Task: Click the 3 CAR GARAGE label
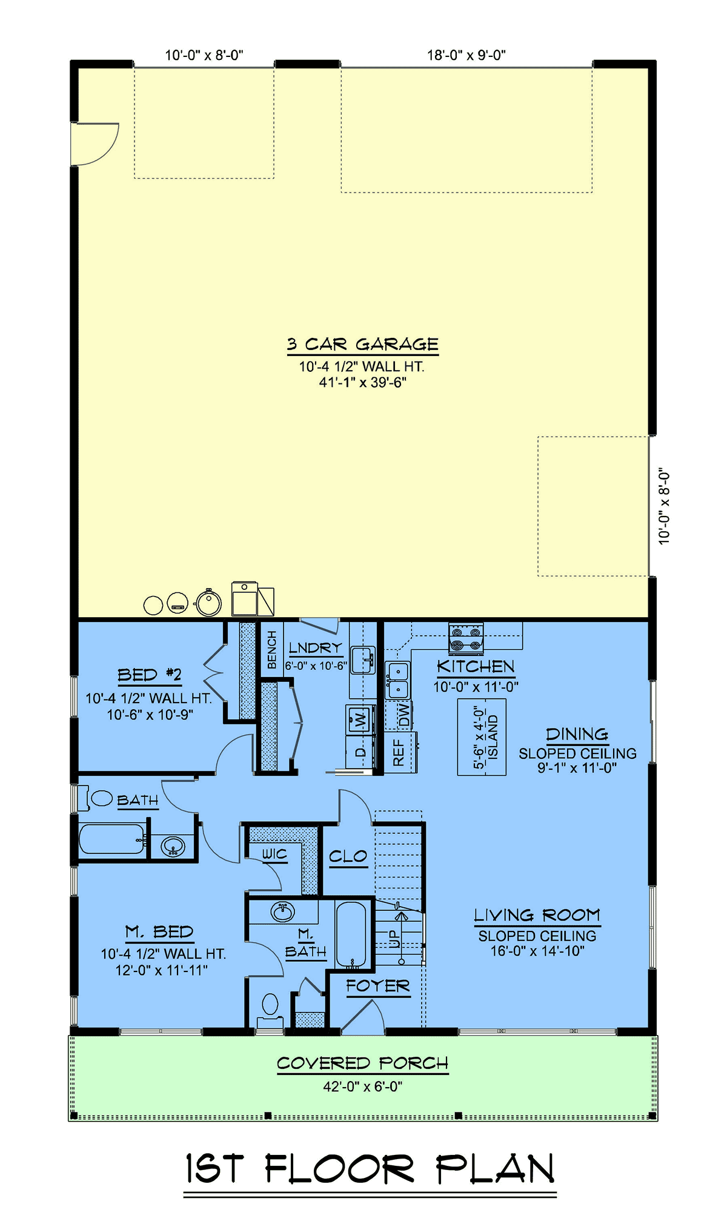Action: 362,345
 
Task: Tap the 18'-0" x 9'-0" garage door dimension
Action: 466,55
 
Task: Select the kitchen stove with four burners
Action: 465,638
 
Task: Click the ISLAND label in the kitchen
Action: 493,737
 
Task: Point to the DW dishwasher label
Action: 404,715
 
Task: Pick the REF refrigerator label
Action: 399,752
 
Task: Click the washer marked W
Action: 360,719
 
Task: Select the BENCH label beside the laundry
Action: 272,650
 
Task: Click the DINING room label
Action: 577,735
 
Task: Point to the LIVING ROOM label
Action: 537,915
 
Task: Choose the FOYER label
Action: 378,986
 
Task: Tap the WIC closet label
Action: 274,854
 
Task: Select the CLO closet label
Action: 348,856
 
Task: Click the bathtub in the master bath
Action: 351,934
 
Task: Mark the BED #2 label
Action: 150,675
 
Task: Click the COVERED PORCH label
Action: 363,1063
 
